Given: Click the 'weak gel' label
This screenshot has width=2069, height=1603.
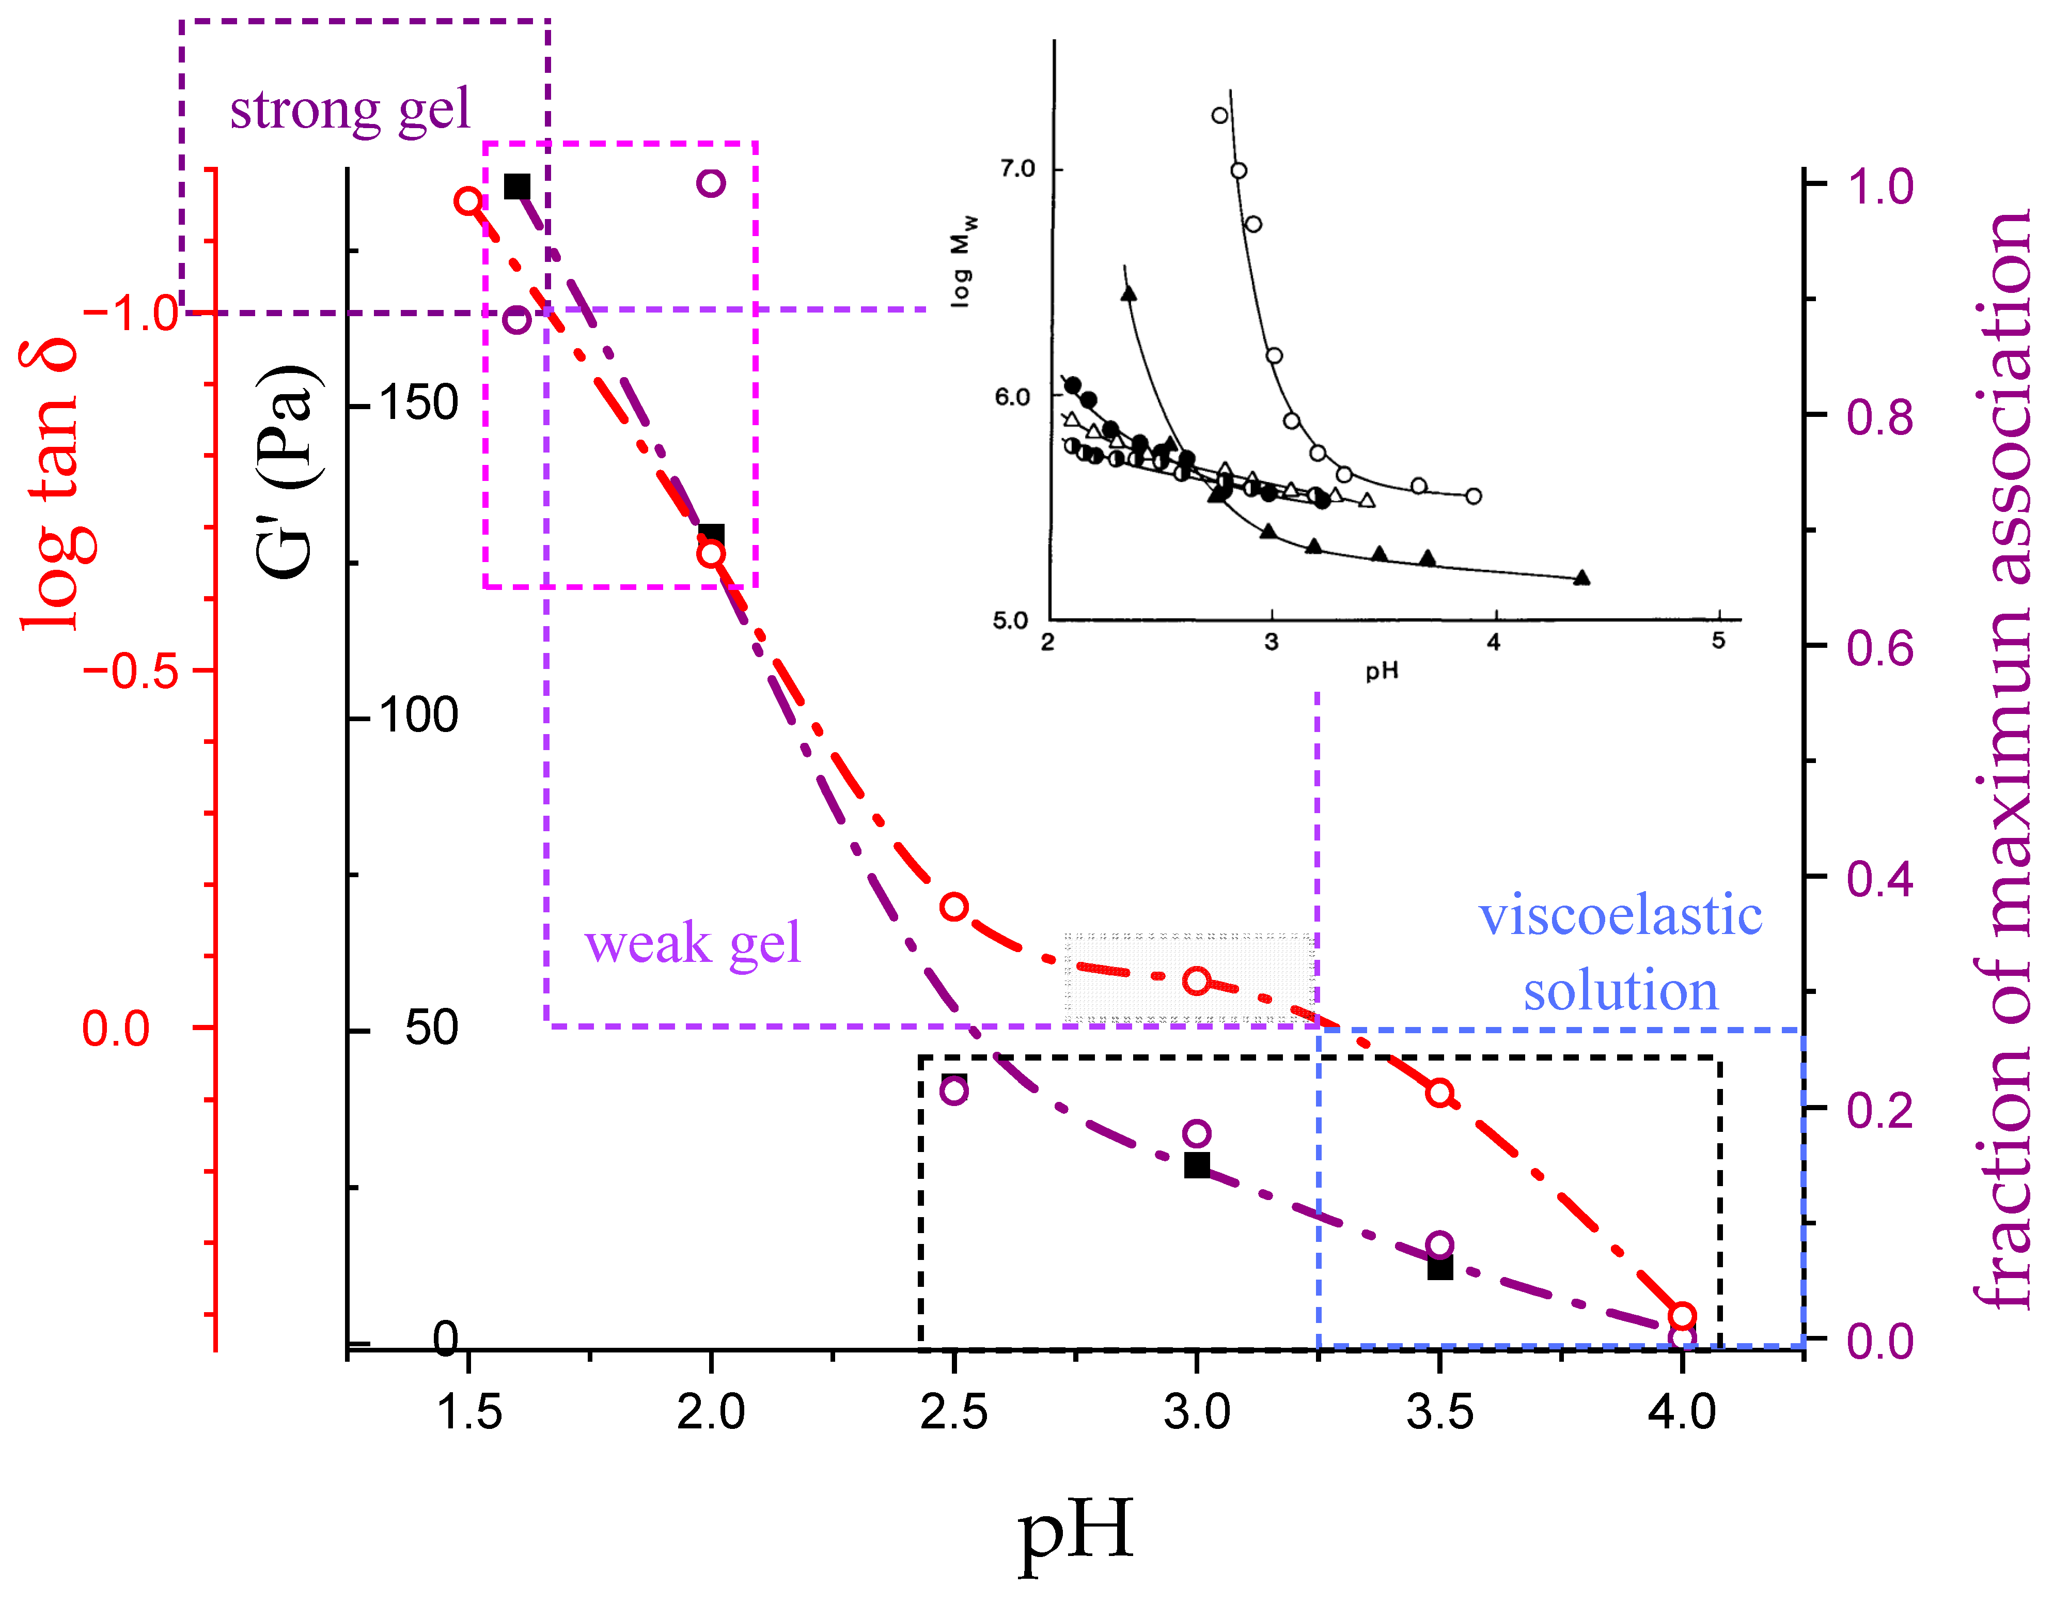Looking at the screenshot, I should [693, 944].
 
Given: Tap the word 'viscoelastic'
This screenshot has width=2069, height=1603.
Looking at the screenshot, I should [1620, 916].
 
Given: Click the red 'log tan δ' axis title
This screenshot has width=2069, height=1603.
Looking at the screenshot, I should [49, 483].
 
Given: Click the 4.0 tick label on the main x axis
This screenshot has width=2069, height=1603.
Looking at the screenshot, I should [1682, 1412].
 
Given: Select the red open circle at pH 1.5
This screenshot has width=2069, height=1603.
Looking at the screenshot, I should [468, 201].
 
